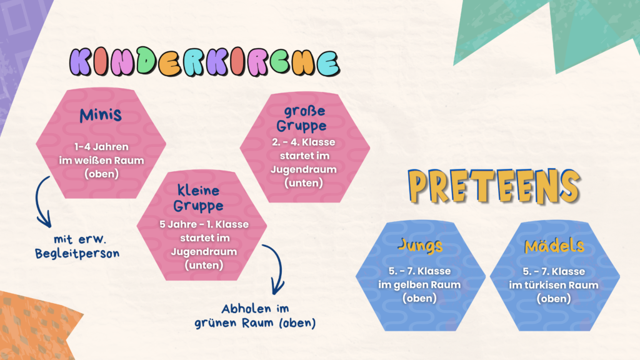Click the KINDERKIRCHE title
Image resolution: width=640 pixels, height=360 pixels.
(x=204, y=62)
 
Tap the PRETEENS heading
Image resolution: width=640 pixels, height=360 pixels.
(x=494, y=186)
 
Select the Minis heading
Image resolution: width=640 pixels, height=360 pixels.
(x=101, y=115)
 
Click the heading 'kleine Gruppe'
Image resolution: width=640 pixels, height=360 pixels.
(x=198, y=198)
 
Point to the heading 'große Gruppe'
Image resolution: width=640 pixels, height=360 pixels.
(x=302, y=118)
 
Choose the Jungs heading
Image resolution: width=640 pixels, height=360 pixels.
(x=420, y=246)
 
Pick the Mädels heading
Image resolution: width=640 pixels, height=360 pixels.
(x=554, y=246)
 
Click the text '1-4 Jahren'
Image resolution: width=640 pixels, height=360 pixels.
(x=101, y=146)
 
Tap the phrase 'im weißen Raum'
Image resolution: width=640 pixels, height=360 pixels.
(x=101, y=161)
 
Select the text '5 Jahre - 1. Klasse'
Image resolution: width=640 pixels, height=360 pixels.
(x=204, y=224)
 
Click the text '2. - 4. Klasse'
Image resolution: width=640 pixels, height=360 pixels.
(x=303, y=142)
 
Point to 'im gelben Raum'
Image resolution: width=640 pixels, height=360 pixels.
(x=419, y=284)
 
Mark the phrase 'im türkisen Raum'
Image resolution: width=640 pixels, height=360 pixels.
(x=554, y=285)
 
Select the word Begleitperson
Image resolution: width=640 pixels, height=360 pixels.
(x=77, y=254)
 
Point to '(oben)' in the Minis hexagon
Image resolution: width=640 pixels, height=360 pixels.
(x=101, y=174)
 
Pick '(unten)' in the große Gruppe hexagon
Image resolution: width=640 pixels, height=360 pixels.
(x=303, y=183)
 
